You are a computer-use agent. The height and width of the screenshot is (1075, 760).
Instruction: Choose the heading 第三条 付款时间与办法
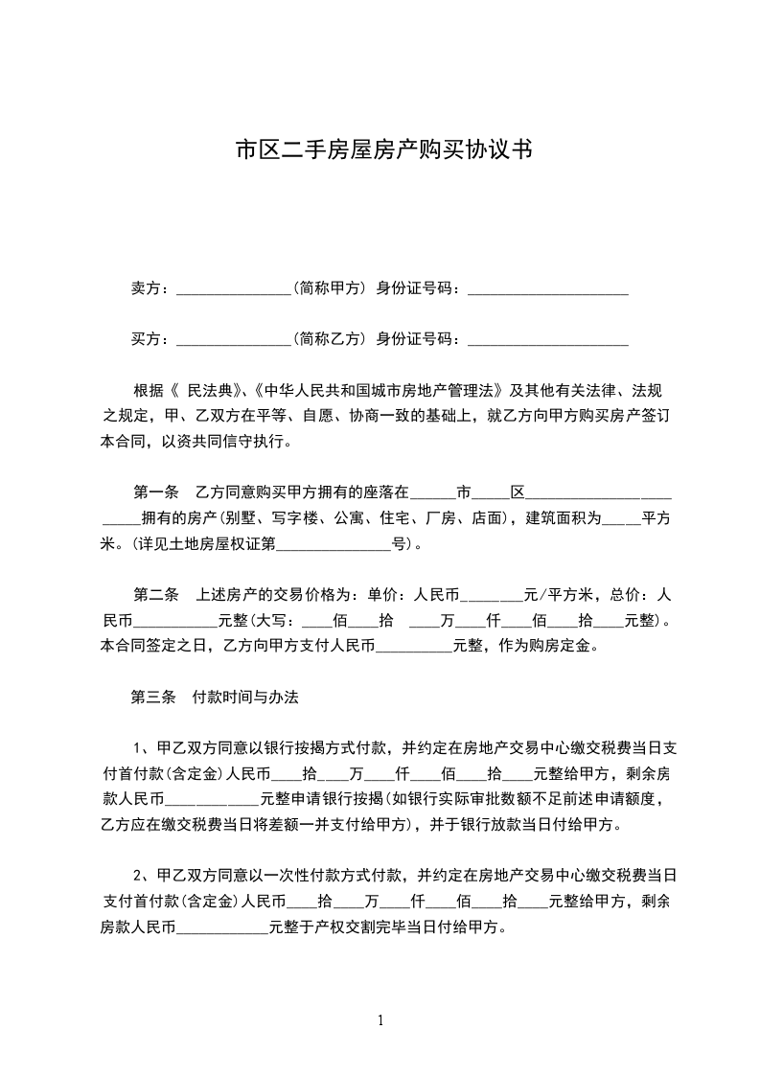pos(215,698)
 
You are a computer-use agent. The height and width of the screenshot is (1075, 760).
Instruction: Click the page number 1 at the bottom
pos(380,1020)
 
